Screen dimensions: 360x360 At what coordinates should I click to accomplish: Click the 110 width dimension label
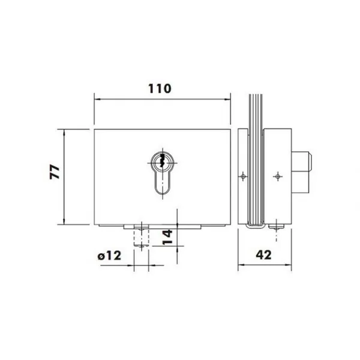pyautogui.click(x=160, y=89)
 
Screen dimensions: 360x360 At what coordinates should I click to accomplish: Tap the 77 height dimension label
pyautogui.click(x=55, y=172)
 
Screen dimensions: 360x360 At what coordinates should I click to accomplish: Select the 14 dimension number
pyautogui.click(x=167, y=237)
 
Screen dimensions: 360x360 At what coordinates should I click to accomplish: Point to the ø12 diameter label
pyautogui.click(x=109, y=256)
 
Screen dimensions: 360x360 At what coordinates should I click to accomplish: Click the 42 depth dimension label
pyautogui.click(x=264, y=254)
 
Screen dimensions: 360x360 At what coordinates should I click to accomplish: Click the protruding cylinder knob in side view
pyautogui.click(x=301, y=172)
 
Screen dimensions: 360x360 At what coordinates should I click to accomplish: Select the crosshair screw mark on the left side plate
pyautogui.click(x=243, y=176)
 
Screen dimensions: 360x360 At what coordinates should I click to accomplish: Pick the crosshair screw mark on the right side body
pyautogui.click(x=278, y=176)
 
